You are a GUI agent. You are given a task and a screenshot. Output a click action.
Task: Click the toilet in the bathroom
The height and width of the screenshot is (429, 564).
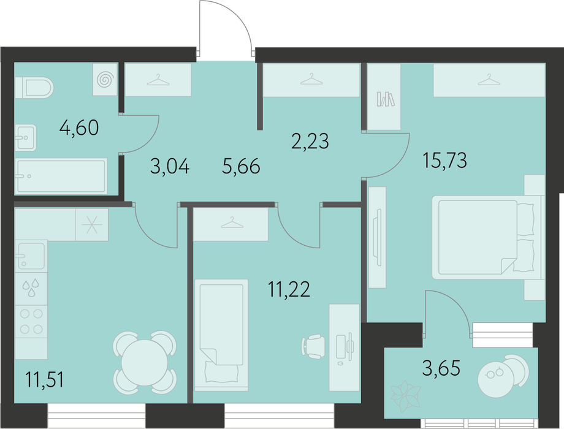(x=34, y=88)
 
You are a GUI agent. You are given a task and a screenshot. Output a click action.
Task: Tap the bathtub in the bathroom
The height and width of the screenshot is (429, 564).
(x=61, y=177)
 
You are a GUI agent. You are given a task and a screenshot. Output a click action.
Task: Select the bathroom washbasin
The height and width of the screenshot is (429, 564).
(x=26, y=138)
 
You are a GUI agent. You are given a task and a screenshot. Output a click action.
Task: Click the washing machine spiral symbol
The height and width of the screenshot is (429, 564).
(x=105, y=80)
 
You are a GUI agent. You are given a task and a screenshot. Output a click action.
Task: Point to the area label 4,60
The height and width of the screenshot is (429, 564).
(x=79, y=127)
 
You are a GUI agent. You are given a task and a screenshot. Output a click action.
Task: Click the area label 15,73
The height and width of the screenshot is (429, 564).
(x=445, y=160)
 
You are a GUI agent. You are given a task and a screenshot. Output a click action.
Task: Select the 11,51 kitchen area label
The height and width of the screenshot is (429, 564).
(x=45, y=379)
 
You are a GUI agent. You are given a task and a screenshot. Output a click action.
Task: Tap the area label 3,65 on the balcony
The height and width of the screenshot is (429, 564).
(x=441, y=368)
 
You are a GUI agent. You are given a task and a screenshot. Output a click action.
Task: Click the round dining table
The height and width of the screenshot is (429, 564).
(x=145, y=362)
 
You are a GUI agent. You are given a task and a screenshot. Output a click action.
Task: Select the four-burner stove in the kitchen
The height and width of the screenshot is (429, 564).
(x=31, y=322)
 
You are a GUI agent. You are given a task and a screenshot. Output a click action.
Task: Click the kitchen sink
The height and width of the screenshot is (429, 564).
(x=31, y=256)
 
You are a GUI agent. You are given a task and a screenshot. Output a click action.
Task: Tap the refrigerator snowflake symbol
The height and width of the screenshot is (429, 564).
(x=92, y=225)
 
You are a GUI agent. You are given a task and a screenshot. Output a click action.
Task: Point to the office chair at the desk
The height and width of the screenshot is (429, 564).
(x=314, y=346)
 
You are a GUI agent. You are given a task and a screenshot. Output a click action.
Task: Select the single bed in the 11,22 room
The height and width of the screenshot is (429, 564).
(x=221, y=335)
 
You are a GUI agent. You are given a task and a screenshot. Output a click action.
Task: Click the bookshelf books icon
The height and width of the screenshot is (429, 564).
(x=386, y=99)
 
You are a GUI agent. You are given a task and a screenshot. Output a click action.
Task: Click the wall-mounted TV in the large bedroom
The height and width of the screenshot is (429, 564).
(x=377, y=237)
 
